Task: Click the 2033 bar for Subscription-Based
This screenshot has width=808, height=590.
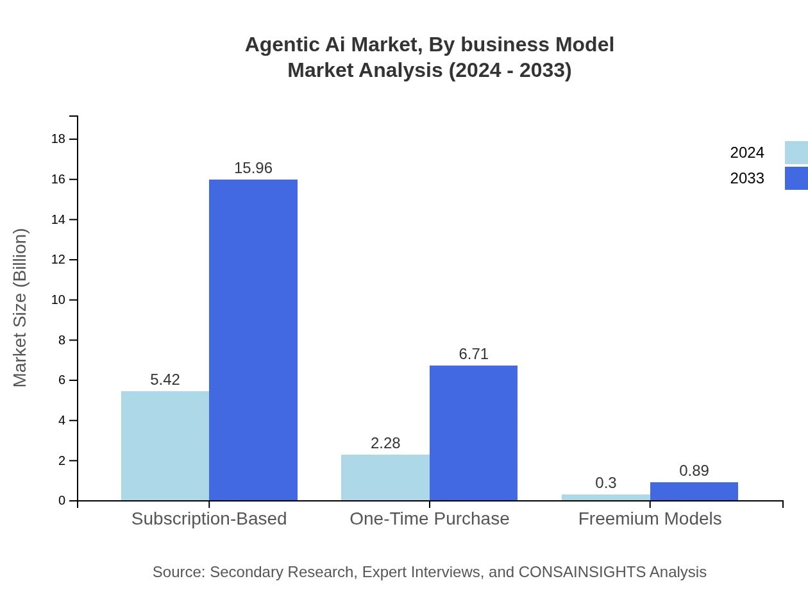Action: click(253, 340)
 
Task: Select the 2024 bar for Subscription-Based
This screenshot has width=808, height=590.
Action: click(165, 446)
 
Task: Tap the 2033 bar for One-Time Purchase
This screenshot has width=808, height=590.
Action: click(473, 433)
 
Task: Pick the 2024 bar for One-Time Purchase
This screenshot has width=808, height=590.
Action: click(385, 478)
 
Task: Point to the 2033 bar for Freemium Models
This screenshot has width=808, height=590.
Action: click(694, 492)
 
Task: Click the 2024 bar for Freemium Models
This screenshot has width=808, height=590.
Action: click(605, 498)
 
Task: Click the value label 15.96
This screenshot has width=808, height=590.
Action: click(253, 168)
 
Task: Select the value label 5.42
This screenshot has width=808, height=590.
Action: click(165, 380)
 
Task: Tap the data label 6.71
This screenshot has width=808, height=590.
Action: click(473, 354)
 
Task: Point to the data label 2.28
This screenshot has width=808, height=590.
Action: click(385, 443)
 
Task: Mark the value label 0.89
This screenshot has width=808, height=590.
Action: click(694, 471)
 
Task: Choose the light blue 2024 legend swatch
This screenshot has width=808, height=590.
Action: click(796, 153)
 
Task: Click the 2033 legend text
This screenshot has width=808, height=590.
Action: click(747, 178)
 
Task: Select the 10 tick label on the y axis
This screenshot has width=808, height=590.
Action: click(58, 300)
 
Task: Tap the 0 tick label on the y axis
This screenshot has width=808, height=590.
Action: click(62, 501)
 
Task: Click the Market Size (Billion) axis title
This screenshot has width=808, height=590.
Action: click(20, 308)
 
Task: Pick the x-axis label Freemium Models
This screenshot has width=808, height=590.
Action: click(650, 519)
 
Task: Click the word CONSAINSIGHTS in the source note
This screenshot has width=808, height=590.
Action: click(582, 572)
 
